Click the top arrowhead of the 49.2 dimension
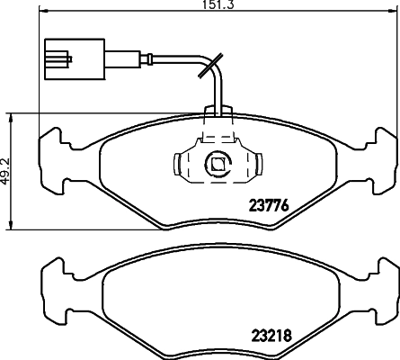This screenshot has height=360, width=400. point(10,118)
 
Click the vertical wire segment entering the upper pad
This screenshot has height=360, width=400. point(218,94)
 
